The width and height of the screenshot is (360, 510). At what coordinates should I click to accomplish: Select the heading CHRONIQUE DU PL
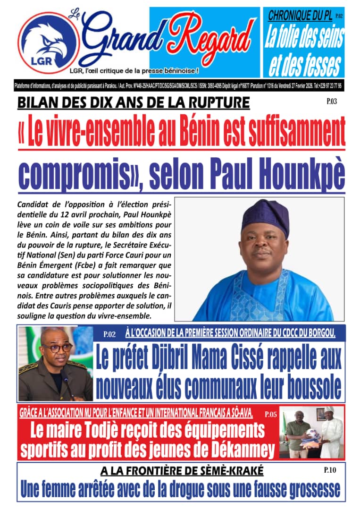[299, 15]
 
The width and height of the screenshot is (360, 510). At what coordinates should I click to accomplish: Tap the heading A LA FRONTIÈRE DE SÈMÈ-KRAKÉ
[182, 470]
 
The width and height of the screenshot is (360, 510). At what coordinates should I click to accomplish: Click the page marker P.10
[330, 469]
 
